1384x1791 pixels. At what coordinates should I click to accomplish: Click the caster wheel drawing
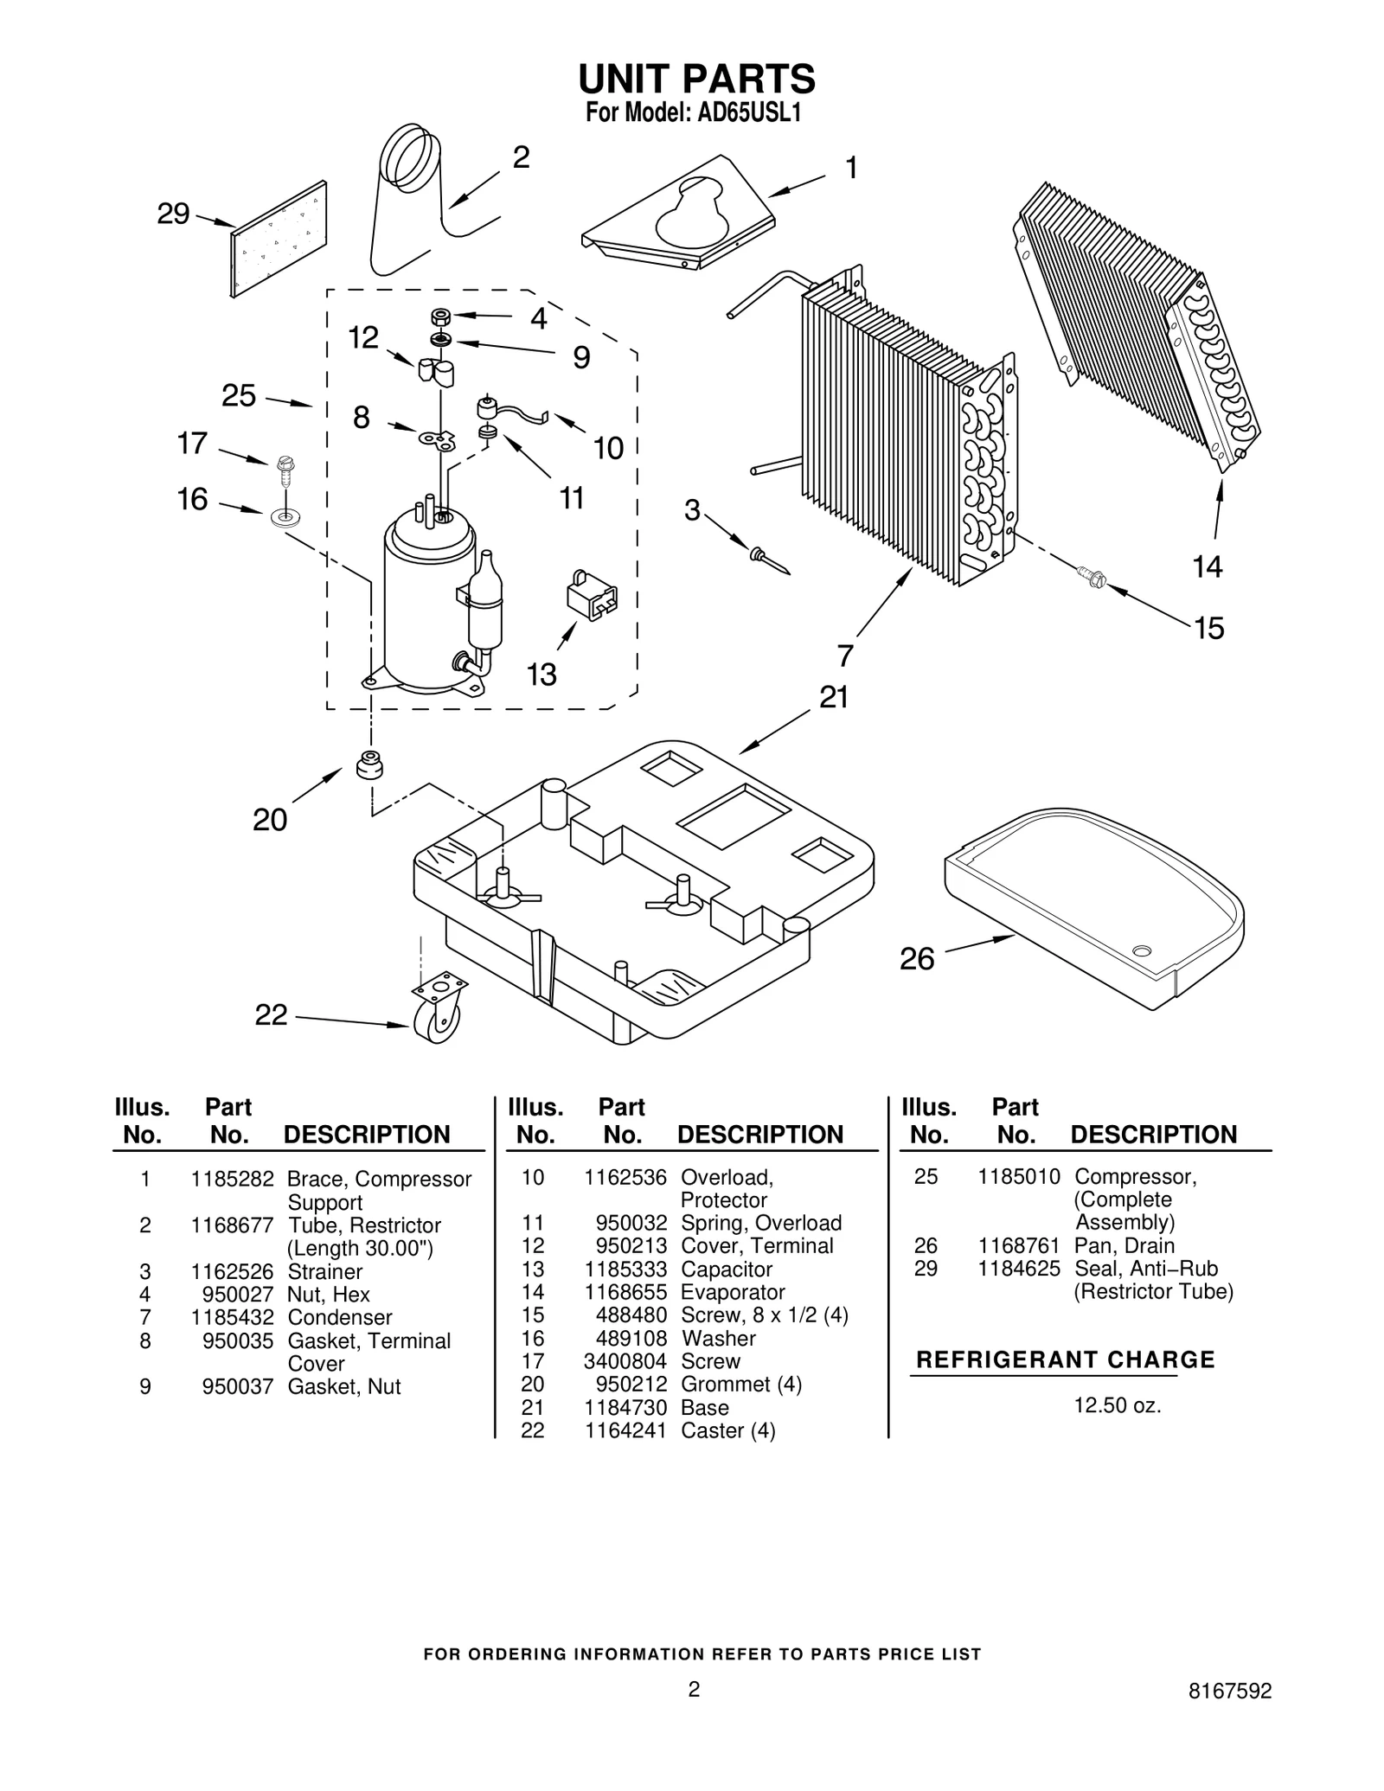tap(438, 1009)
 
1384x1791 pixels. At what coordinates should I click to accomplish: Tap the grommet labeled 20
tap(370, 764)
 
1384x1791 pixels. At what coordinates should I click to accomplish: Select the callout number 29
tap(173, 214)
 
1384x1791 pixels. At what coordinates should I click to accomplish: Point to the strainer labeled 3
tap(770, 560)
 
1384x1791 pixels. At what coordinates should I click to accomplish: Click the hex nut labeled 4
tap(440, 317)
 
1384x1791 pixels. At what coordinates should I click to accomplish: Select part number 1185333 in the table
tap(625, 1269)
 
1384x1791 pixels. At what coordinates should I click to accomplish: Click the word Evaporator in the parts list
tap(733, 1292)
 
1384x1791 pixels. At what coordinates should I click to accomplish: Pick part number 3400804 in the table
tap(625, 1361)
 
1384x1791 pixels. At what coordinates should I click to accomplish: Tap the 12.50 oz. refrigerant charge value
tap(1117, 1405)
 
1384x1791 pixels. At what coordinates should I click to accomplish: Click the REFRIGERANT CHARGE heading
tap(1065, 1359)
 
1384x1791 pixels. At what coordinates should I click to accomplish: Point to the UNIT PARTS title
tap(696, 79)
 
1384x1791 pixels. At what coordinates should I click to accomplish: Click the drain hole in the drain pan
tap(1143, 951)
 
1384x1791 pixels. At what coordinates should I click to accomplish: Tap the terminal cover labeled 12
tap(436, 371)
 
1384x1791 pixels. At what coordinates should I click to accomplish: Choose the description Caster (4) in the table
tap(727, 1430)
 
